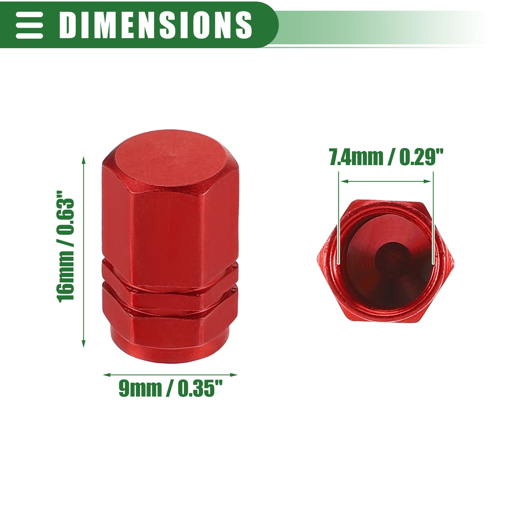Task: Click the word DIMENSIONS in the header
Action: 156,25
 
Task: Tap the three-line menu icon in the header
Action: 29,25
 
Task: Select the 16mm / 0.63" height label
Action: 65,246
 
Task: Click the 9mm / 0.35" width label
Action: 170,388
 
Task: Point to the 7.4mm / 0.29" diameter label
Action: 386,157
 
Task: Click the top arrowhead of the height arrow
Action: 84,160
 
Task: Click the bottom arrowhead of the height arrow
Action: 84,344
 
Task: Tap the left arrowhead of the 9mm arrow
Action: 107,375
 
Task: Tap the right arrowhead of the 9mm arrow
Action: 234,375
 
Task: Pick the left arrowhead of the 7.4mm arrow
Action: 345,181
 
